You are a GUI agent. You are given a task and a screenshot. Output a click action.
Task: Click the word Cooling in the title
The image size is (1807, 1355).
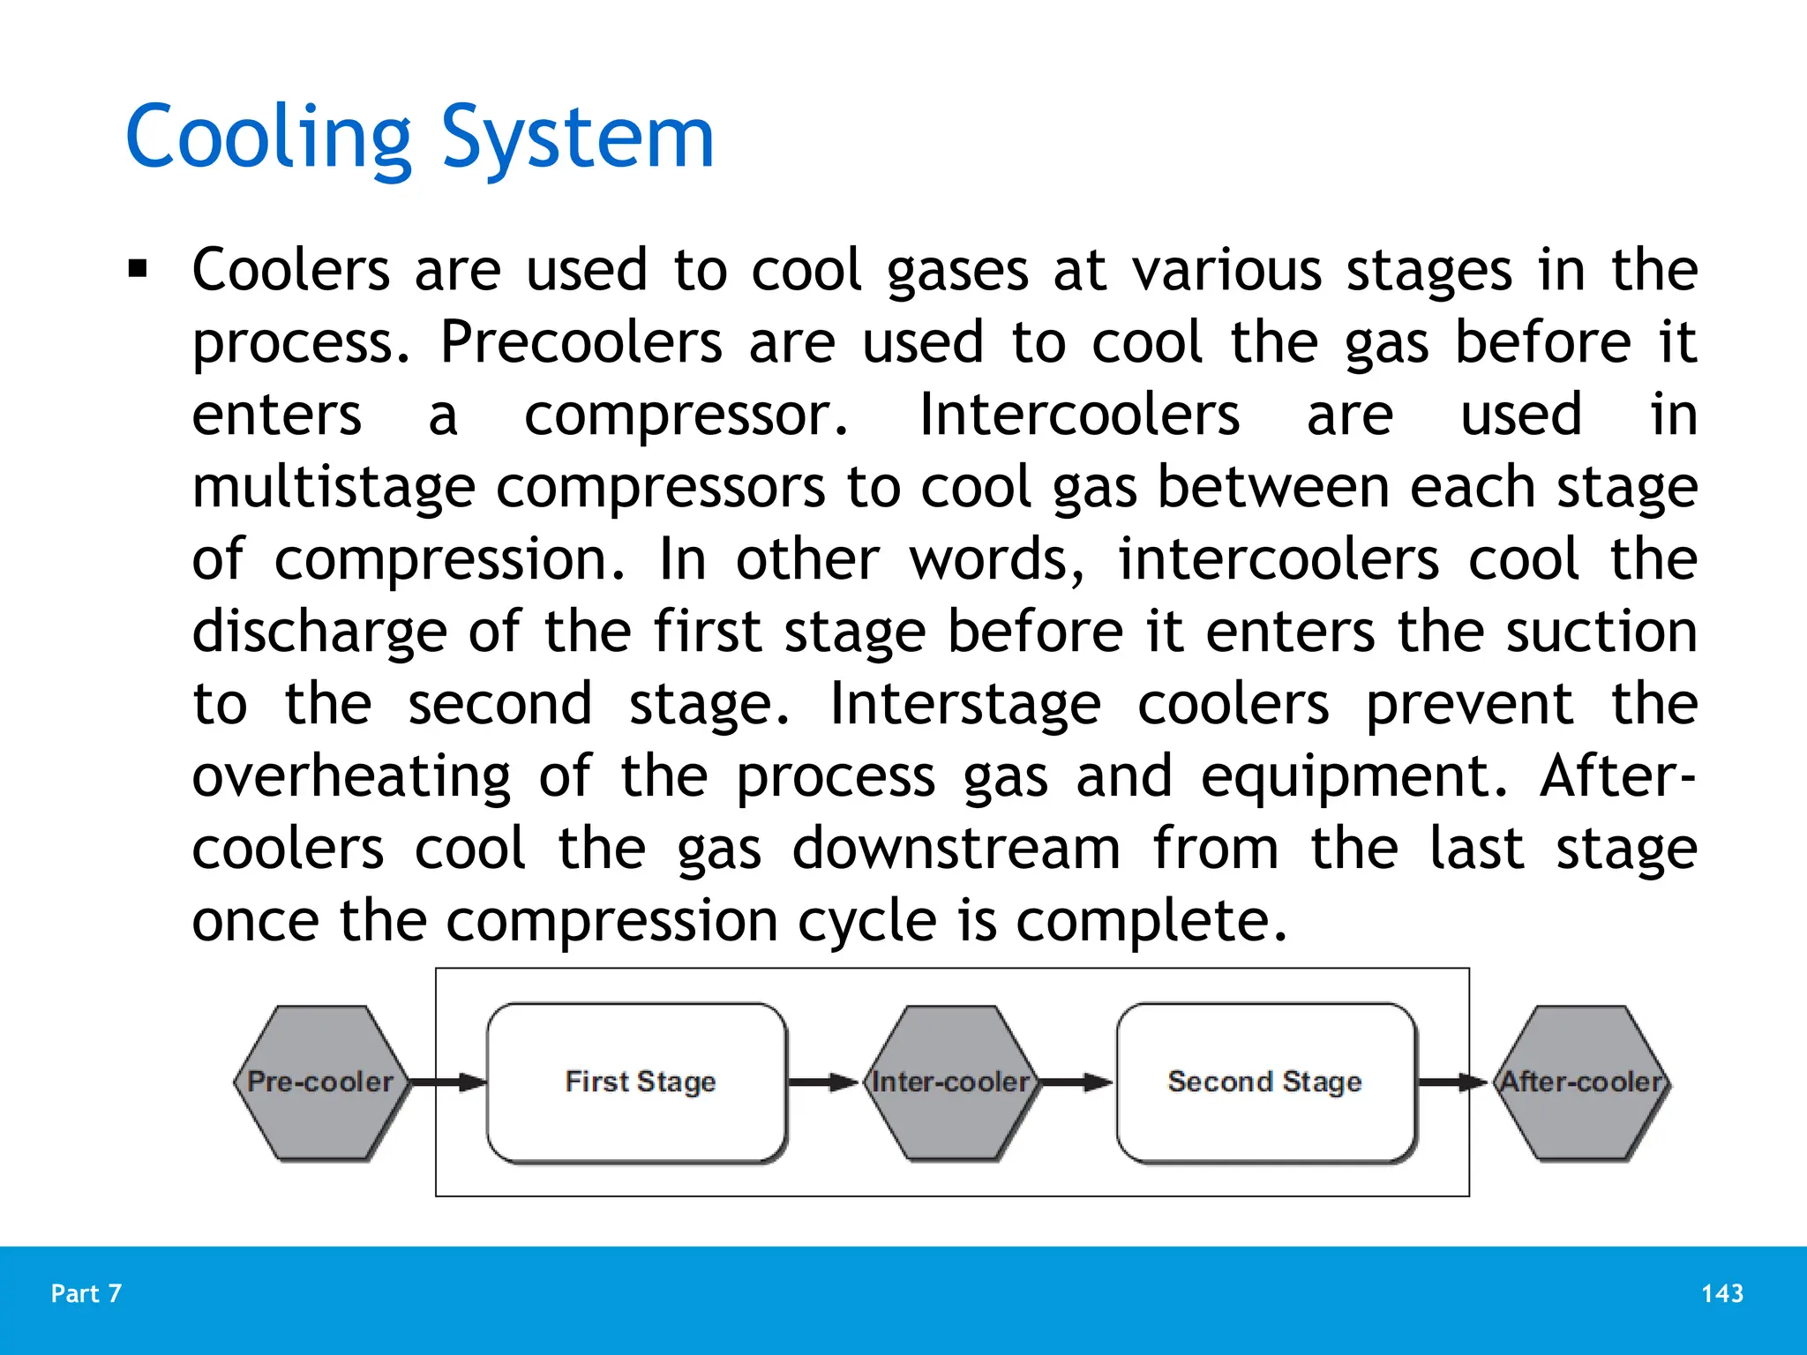tap(268, 138)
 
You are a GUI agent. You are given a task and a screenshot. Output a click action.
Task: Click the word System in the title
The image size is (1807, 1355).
tap(577, 138)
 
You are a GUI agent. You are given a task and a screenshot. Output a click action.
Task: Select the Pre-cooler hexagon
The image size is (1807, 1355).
tap(320, 1082)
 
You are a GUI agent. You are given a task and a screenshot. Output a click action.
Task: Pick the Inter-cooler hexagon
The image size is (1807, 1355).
tap(949, 1082)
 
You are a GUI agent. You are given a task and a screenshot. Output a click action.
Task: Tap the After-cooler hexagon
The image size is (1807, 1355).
tap(1580, 1082)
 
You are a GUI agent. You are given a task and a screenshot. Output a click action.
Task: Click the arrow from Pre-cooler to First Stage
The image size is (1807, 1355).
tap(448, 1082)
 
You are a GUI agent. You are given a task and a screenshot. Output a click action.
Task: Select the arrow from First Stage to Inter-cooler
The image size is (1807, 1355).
tap(822, 1082)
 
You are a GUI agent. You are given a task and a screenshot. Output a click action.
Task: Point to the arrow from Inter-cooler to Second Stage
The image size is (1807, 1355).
tap(1076, 1082)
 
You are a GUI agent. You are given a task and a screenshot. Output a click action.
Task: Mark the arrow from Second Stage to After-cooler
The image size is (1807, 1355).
tap(1452, 1082)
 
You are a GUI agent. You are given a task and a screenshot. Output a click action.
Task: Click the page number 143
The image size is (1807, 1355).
tap(1721, 1293)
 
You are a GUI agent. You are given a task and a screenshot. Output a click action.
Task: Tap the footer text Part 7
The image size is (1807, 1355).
tap(86, 1293)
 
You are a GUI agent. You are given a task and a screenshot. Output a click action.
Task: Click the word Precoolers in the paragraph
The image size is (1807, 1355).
tap(581, 343)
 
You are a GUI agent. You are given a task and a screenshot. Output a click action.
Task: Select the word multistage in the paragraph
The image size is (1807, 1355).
tap(334, 488)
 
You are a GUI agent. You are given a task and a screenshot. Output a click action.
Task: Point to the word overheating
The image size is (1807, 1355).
tap(351, 777)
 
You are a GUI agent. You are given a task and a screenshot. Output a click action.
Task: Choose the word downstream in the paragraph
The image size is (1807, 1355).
tap(956, 850)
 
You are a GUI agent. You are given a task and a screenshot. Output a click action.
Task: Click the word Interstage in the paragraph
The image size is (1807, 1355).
tap(965, 705)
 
